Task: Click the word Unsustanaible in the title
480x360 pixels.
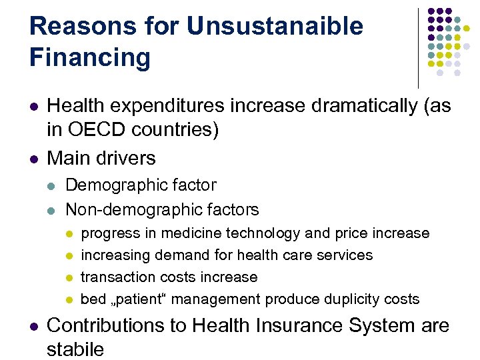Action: point(275,26)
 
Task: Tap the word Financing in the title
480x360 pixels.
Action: point(90,57)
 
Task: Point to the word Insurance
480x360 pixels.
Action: point(296,325)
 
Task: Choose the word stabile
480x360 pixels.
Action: point(75,349)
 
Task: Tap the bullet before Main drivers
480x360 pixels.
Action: point(34,159)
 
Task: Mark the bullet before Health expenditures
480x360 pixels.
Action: point(34,106)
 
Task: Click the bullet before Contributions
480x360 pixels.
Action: point(34,326)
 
